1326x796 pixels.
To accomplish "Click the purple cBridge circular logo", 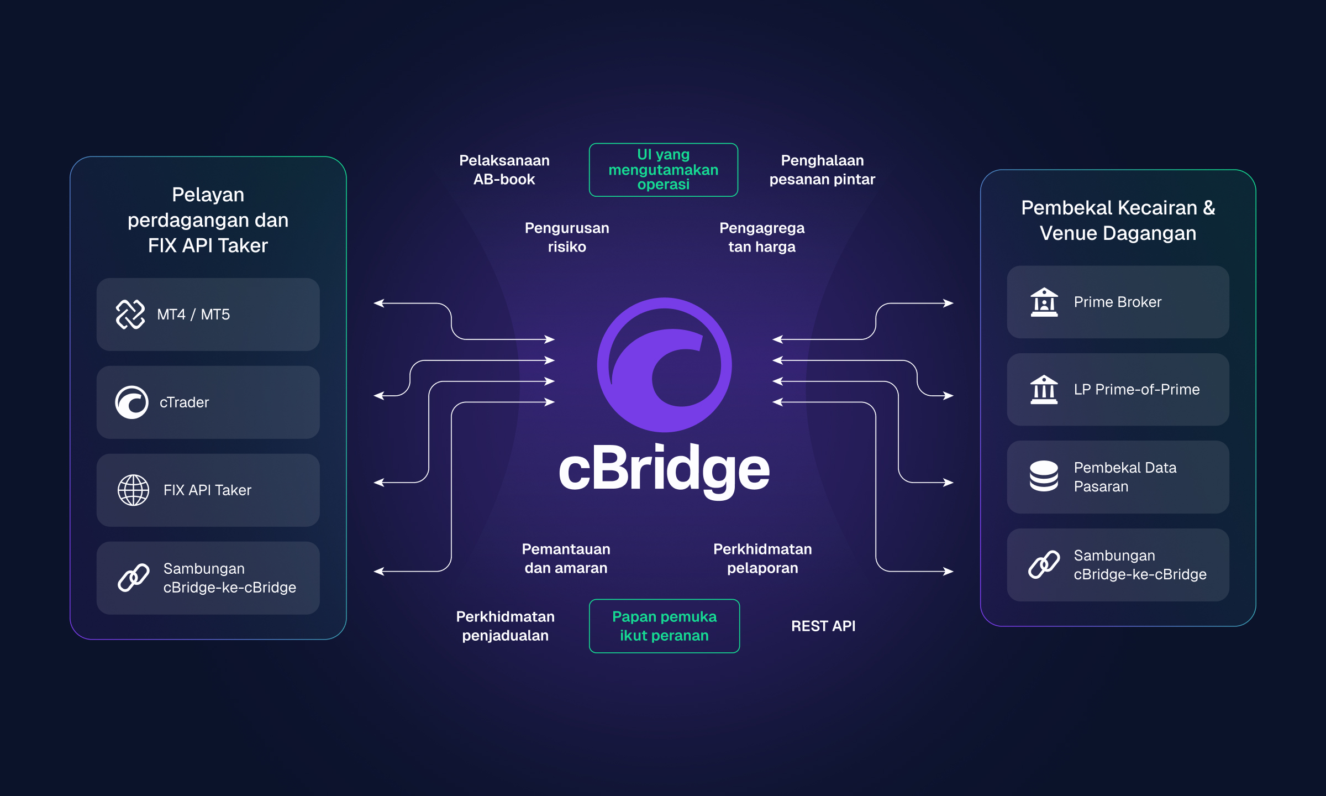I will tap(664, 365).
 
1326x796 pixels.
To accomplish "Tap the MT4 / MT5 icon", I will tap(130, 314).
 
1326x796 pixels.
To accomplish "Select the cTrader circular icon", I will tap(131, 402).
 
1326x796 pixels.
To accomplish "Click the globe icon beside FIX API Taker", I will tap(133, 490).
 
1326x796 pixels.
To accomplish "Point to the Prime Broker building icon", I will tap(1044, 302).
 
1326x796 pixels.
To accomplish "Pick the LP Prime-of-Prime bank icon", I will tap(1044, 389).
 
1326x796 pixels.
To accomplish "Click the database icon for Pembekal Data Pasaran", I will tap(1044, 476).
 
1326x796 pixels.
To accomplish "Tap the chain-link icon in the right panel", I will tap(1044, 564).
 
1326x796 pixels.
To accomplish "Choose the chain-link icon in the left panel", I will tap(133, 578).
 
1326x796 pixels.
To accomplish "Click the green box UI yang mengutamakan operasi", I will tap(663, 170).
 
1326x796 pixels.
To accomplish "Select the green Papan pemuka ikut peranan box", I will tap(664, 626).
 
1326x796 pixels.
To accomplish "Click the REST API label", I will tap(823, 626).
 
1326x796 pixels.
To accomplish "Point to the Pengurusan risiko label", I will tap(567, 237).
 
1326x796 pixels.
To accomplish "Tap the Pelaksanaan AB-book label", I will tap(504, 170).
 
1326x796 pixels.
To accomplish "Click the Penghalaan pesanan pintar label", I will tap(822, 170).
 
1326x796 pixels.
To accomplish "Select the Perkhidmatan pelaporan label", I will tap(762, 558).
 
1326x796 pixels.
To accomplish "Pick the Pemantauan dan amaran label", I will tap(566, 558).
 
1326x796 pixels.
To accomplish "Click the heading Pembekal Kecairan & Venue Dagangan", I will tap(1118, 220).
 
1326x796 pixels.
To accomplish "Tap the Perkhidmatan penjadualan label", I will tap(505, 626).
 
